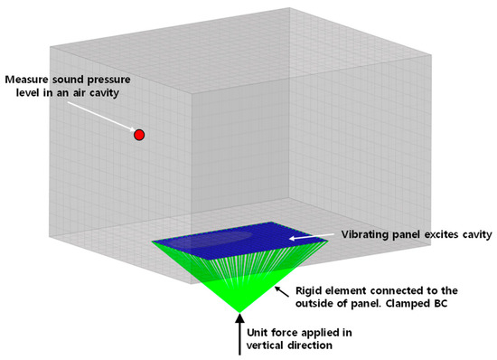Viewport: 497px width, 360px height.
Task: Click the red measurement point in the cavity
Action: tap(139, 135)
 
